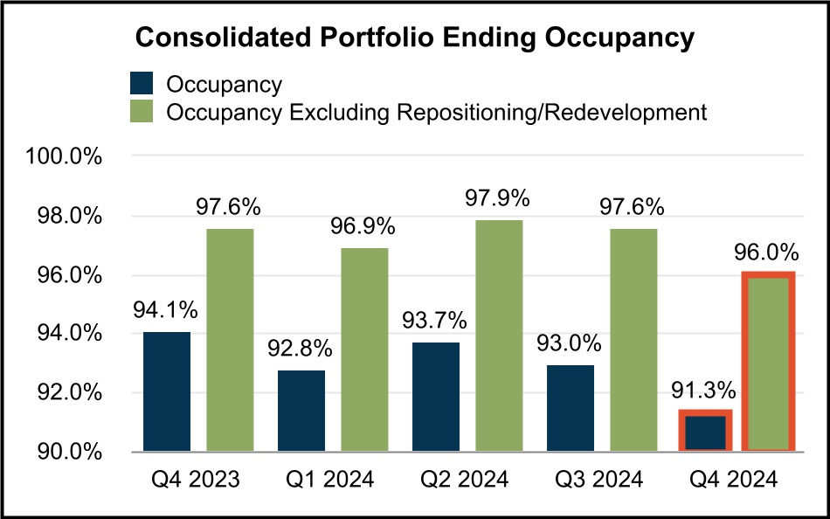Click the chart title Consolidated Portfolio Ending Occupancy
pos(414,38)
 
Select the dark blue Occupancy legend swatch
pos(142,84)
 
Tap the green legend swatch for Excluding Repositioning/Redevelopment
pos(142,112)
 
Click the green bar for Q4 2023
pos(230,340)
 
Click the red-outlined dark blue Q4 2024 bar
pos(705,432)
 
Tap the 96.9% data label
pos(363,227)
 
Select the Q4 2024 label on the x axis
pos(735,480)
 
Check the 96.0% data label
pos(766,253)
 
